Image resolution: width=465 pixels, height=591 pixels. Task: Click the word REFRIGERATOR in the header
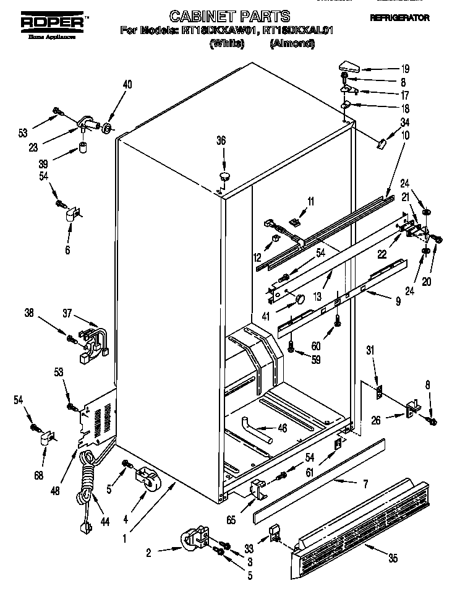pos(399,19)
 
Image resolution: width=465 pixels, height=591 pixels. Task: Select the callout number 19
pos(405,69)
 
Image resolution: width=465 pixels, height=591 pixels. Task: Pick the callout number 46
pos(282,428)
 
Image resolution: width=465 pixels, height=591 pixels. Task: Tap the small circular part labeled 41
pos(299,301)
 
